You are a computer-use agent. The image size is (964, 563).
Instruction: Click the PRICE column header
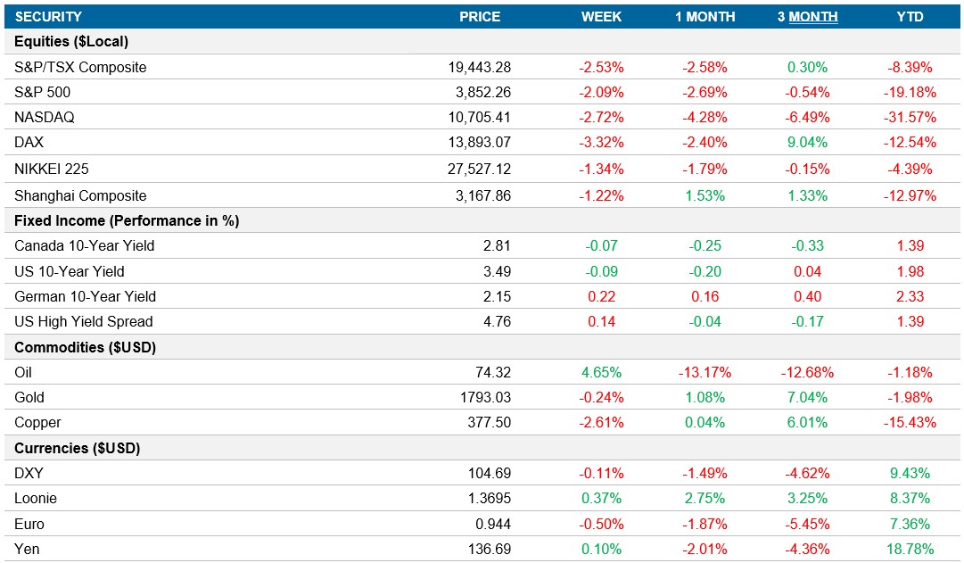479,17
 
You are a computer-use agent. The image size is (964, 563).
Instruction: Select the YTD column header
910,17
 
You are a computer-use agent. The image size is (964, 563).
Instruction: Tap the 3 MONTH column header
807,17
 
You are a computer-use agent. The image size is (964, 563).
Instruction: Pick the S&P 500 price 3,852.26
480,92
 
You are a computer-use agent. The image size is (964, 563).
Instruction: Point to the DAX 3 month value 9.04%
807,143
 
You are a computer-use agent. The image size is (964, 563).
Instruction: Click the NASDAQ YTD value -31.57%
910,117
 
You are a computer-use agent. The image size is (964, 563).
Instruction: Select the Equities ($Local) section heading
71,42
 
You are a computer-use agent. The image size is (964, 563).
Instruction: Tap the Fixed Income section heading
127,220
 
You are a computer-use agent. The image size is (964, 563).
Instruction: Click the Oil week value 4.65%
602,372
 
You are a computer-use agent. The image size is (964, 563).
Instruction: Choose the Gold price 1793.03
483,397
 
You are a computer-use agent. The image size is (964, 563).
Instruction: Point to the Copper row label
37,422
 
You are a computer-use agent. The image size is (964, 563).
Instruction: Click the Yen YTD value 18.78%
910,549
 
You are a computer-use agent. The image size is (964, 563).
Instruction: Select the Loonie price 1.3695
487,499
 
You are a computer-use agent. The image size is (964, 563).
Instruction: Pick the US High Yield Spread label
84,321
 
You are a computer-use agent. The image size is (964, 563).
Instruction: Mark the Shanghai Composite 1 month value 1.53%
704,195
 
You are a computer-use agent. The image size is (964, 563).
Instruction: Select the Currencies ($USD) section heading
78,448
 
